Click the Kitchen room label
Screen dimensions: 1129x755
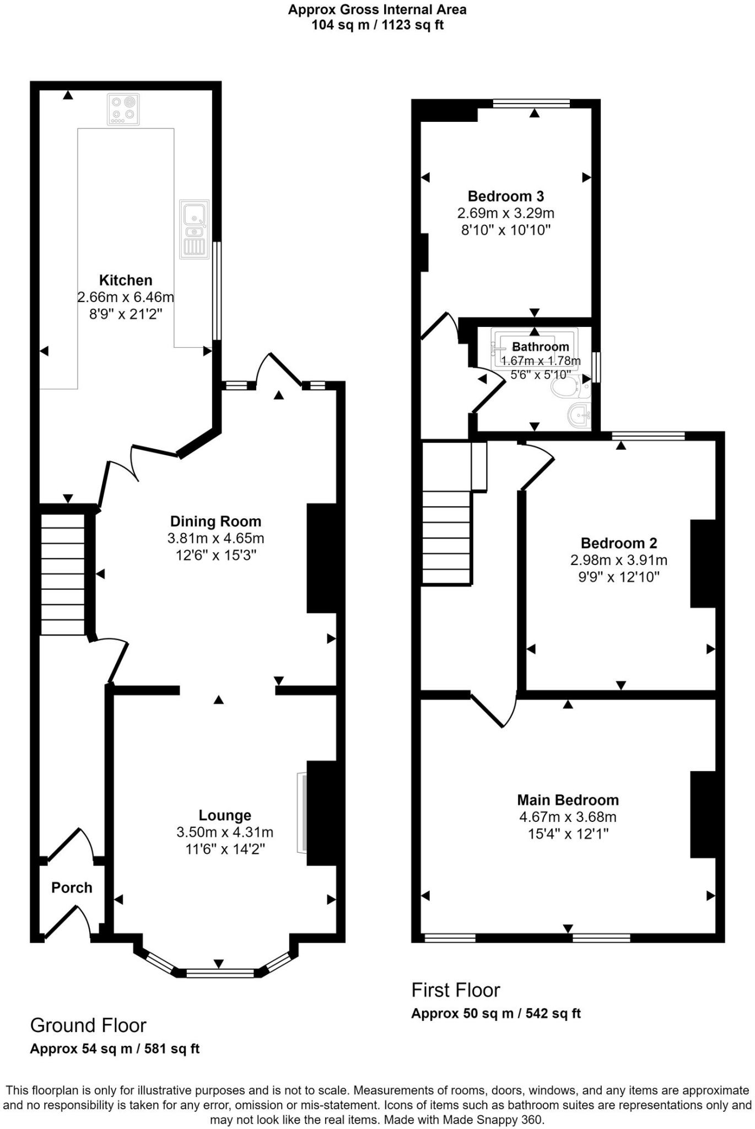(126, 280)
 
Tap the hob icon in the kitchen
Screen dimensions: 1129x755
(123, 109)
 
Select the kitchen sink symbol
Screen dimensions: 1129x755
(195, 229)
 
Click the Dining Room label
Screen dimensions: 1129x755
(215, 522)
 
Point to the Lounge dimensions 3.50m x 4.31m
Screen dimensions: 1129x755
(225, 832)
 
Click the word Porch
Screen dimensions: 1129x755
(72, 888)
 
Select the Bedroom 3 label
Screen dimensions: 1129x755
(506, 196)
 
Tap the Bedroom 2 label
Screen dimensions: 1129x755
(619, 544)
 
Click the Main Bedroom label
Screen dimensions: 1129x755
(568, 800)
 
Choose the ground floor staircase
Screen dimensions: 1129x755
(63, 574)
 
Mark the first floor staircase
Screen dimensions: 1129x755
(446, 537)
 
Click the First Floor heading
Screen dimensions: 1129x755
(456, 991)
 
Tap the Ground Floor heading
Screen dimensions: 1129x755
(88, 1026)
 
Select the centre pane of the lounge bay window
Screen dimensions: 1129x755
(220, 974)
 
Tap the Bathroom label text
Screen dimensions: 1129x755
(540, 347)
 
